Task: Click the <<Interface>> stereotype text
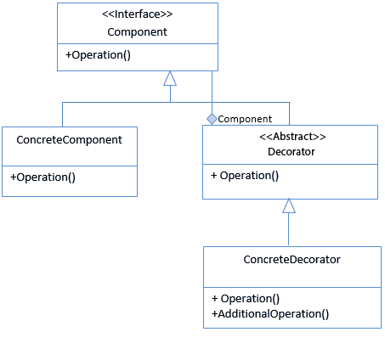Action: click(x=138, y=14)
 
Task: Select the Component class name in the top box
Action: click(x=138, y=32)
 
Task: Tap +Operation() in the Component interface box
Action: click(x=98, y=55)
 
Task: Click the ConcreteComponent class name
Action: click(x=70, y=140)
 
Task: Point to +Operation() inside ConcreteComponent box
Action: click(x=42, y=177)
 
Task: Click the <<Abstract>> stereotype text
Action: click(x=292, y=137)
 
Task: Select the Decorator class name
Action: click(x=292, y=152)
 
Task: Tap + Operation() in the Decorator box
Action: click(x=245, y=176)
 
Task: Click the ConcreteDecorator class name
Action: click(x=292, y=260)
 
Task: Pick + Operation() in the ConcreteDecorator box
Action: click(x=246, y=299)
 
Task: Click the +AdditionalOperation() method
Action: click(x=270, y=314)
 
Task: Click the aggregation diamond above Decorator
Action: click(x=212, y=119)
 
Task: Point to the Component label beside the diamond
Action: click(x=245, y=119)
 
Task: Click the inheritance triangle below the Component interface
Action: click(x=170, y=78)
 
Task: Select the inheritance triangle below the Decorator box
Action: click(x=289, y=205)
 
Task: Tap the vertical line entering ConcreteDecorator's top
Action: click(x=289, y=229)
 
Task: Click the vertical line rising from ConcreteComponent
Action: click(x=62, y=115)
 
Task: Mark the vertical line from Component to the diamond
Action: click(x=212, y=93)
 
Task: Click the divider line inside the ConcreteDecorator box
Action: click(x=292, y=288)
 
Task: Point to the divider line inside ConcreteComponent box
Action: click(x=70, y=166)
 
